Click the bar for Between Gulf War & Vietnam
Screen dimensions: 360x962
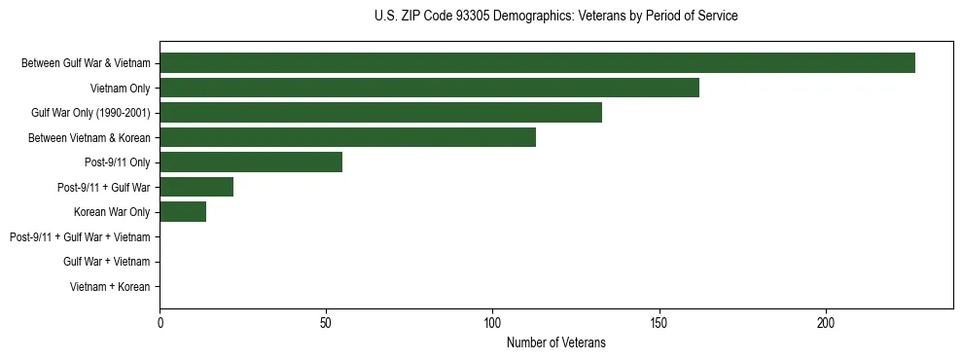[x=537, y=63]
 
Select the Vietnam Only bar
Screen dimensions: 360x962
[x=429, y=88]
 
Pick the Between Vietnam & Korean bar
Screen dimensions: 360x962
[x=347, y=137]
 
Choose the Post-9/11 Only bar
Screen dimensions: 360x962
[x=251, y=162]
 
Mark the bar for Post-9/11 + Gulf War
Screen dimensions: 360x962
[x=196, y=187]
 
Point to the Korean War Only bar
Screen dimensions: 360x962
[x=183, y=212]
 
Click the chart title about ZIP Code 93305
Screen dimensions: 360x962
[x=555, y=17]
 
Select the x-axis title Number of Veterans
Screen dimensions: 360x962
[x=555, y=342]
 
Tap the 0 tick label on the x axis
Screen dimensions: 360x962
[x=160, y=322]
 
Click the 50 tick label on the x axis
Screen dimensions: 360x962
[x=326, y=322]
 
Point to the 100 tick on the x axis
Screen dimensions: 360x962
[x=493, y=322]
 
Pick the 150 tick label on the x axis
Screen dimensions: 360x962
[x=659, y=322]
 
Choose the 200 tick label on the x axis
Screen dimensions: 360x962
[x=826, y=322]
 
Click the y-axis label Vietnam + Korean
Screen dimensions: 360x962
[x=110, y=287]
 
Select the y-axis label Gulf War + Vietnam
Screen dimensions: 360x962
[x=106, y=262]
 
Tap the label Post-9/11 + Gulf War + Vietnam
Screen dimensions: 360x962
[x=80, y=237]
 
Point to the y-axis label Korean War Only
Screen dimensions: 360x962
[x=112, y=212]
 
